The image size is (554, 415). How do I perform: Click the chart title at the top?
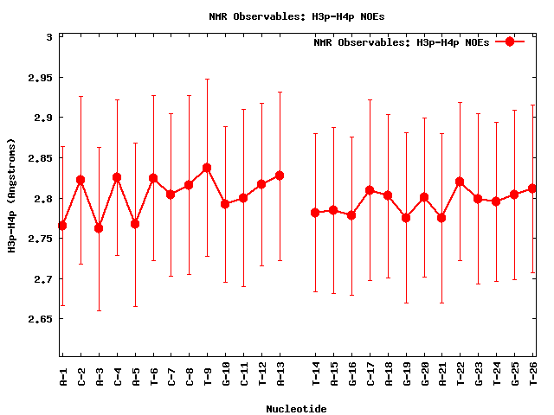tap(284, 16)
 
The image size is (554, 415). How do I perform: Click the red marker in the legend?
tap(510, 41)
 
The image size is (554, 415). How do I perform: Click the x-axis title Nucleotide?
tap(296, 408)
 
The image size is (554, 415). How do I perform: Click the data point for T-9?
tap(207, 167)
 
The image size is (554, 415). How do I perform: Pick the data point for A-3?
tap(99, 228)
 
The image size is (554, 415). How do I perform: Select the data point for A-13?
tap(280, 176)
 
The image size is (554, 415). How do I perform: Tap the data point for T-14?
tap(315, 212)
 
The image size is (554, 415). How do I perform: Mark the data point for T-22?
tap(460, 182)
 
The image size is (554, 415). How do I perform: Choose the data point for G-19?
tap(406, 218)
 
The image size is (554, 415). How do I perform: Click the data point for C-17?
tap(370, 190)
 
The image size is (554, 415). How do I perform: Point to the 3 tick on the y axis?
tap(49, 37)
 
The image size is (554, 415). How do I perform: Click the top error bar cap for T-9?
tap(207, 79)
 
